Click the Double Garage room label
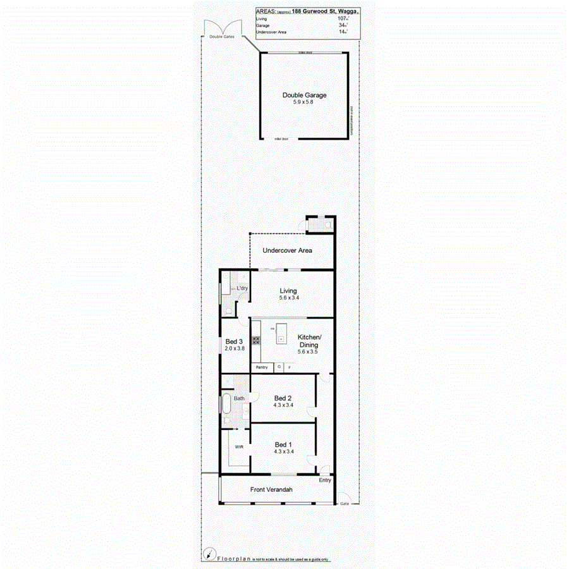304,95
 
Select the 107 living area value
343,18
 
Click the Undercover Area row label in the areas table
270,32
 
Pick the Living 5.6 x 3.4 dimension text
288,298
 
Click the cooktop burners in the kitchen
256,340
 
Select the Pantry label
262,367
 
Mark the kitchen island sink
281,340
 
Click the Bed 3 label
234,341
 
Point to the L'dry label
242,289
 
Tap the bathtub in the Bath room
226,402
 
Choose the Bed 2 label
283,398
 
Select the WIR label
239,446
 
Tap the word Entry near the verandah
325,480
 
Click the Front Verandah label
271,489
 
